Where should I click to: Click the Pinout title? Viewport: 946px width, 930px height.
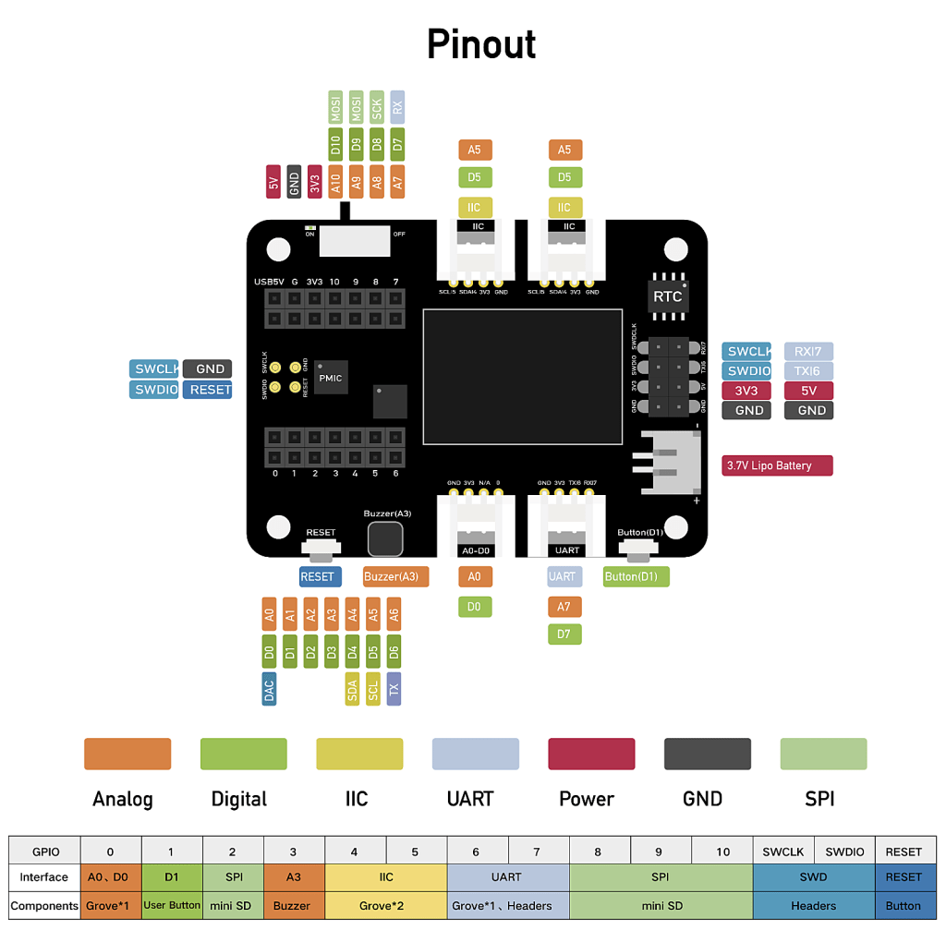[x=481, y=44]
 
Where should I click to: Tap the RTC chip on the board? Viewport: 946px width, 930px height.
[x=667, y=296]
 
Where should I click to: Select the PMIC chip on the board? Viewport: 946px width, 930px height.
[x=330, y=378]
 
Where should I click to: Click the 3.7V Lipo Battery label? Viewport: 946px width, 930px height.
[x=777, y=465]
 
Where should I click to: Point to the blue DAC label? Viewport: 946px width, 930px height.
[x=269, y=689]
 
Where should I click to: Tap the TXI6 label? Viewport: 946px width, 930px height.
[x=808, y=371]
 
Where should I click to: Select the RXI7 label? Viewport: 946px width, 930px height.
[x=808, y=351]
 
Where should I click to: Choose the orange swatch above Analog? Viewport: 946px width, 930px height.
[x=127, y=754]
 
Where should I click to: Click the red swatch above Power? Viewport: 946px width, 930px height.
[x=591, y=754]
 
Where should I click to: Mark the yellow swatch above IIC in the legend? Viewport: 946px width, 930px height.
[x=359, y=754]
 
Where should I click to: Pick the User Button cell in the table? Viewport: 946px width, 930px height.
[x=172, y=905]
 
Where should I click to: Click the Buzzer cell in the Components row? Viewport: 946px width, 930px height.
[x=294, y=905]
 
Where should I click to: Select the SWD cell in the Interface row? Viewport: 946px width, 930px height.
[x=814, y=876]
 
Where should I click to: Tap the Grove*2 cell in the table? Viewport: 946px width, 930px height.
[x=385, y=905]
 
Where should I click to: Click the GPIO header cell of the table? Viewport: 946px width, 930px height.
[x=45, y=851]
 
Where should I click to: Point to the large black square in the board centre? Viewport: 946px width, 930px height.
[x=522, y=376]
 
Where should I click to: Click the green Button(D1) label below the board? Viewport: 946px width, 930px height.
[x=636, y=576]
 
